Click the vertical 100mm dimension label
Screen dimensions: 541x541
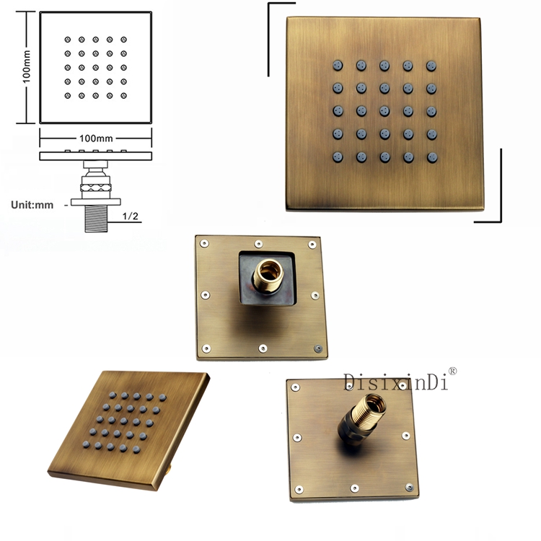click(27, 66)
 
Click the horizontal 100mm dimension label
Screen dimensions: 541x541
click(96, 138)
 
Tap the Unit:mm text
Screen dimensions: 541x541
click(32, 205)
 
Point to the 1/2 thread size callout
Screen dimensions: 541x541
click(130, 216)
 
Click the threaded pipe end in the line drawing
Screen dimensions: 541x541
click(96, 219)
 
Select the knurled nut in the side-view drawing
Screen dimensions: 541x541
click(95, 188)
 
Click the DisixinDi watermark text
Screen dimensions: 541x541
click(395, 382)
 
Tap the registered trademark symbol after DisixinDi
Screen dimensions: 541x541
click(452, 371)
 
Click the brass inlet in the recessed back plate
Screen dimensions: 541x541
click(268, 276)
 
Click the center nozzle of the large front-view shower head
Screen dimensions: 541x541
click(384, 111)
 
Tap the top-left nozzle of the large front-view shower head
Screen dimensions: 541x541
click(338, 65)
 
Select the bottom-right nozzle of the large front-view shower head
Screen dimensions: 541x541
click(432, 158)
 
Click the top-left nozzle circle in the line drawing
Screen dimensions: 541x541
click(68, 40)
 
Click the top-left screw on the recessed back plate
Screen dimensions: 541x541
click(204, 244)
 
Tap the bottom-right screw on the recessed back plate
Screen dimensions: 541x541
click(318, 348)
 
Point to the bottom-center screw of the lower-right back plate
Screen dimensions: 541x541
click(355, 488)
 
